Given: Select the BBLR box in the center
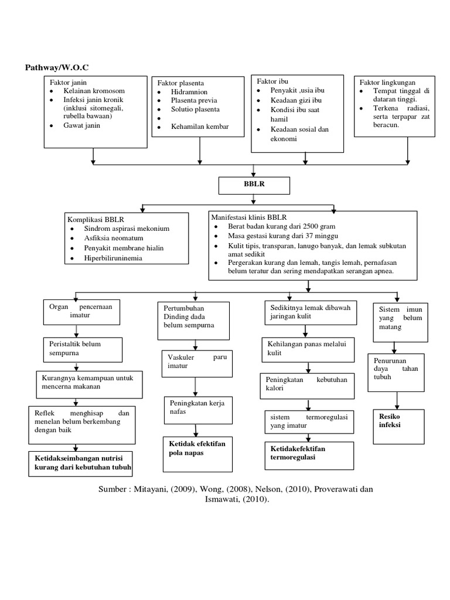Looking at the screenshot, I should [x=254, y=186].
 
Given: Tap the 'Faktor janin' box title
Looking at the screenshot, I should [x=69, y=82].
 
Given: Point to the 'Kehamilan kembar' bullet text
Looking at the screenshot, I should [x=200, y=127].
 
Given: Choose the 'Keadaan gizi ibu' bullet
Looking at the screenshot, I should [x=296, y=100].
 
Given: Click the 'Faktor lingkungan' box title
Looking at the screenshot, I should [x=388, y=83].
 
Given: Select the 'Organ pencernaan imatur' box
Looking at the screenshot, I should [x=83, y=311].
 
